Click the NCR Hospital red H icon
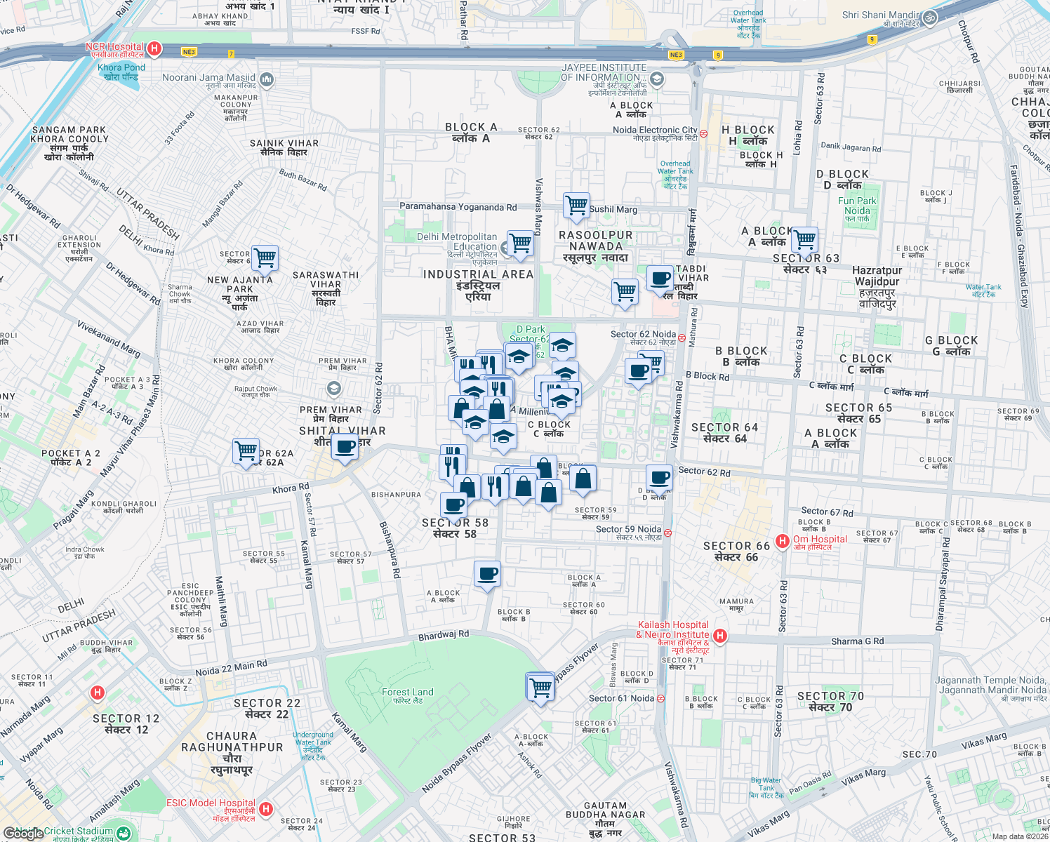pyautogui.click(x=154, y=49)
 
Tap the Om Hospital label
pyautogui.click(x=820, y=540)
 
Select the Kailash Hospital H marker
pyautogui.click(x=720, y=636)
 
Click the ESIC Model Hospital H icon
pyautogui.click(x=265, y=809)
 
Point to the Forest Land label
pyautogui.click(x=407, y=693)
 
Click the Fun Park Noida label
pyautogui.click(x=857, y=206)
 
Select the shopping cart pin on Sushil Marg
pyautogui.click(x=576, y=206)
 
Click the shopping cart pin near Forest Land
pyautogui.click(x=540, y=686)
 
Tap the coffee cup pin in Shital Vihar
pyautogui.click(x=345, y=446)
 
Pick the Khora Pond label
pyautogui.click(x=121, y=68)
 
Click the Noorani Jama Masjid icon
pyautogui.click(x=267, y=79)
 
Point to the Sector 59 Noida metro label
pyautogui.click(x=628, y=530)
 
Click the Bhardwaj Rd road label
pyautogui.click(x=443, y=635)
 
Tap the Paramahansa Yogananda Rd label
pyautogui.click(x=458, y=207)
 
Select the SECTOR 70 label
pyautogui.click(x=830, y=697)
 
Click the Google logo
pyautogui.click(x=23, y=833)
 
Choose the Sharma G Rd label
pyautogui.click(x=857, y=641)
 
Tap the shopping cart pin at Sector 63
pyautogui.click(x=804, y=240)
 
